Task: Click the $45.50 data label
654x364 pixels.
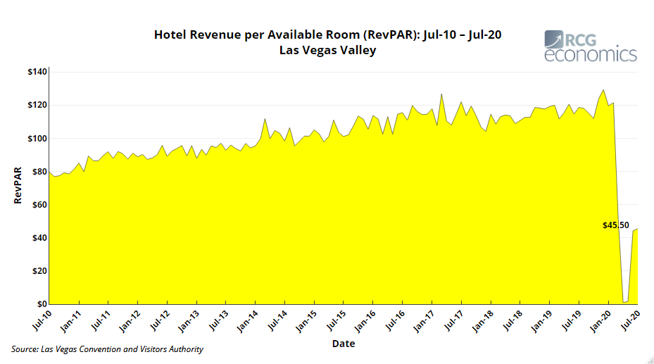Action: [x=616, y=226]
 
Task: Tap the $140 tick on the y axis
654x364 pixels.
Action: [x=37, y=72]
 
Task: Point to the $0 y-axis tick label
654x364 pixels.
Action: [x=41, y=304]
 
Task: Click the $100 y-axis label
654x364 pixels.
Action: [x=37, y=139]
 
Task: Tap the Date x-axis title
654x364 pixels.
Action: [x=344, y=344]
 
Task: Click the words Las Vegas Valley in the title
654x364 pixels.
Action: [x=328, y=50]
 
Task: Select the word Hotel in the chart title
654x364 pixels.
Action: [x=172, y=34]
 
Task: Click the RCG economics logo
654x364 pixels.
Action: [x=591, y=46]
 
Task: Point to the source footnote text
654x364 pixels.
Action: [x=107, y=349]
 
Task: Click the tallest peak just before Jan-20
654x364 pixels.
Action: [x=603, y=89]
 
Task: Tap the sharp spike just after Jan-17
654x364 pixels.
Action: [x=441, y=94]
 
